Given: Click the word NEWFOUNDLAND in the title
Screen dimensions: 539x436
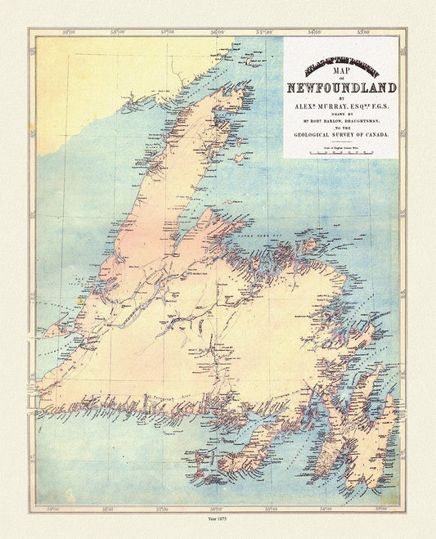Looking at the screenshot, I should point(342,88).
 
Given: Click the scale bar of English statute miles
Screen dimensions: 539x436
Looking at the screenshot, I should point(342,152).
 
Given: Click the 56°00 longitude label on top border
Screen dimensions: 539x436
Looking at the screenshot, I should point(217,34).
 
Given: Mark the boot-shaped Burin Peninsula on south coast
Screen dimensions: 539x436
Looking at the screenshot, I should point(245,458).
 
